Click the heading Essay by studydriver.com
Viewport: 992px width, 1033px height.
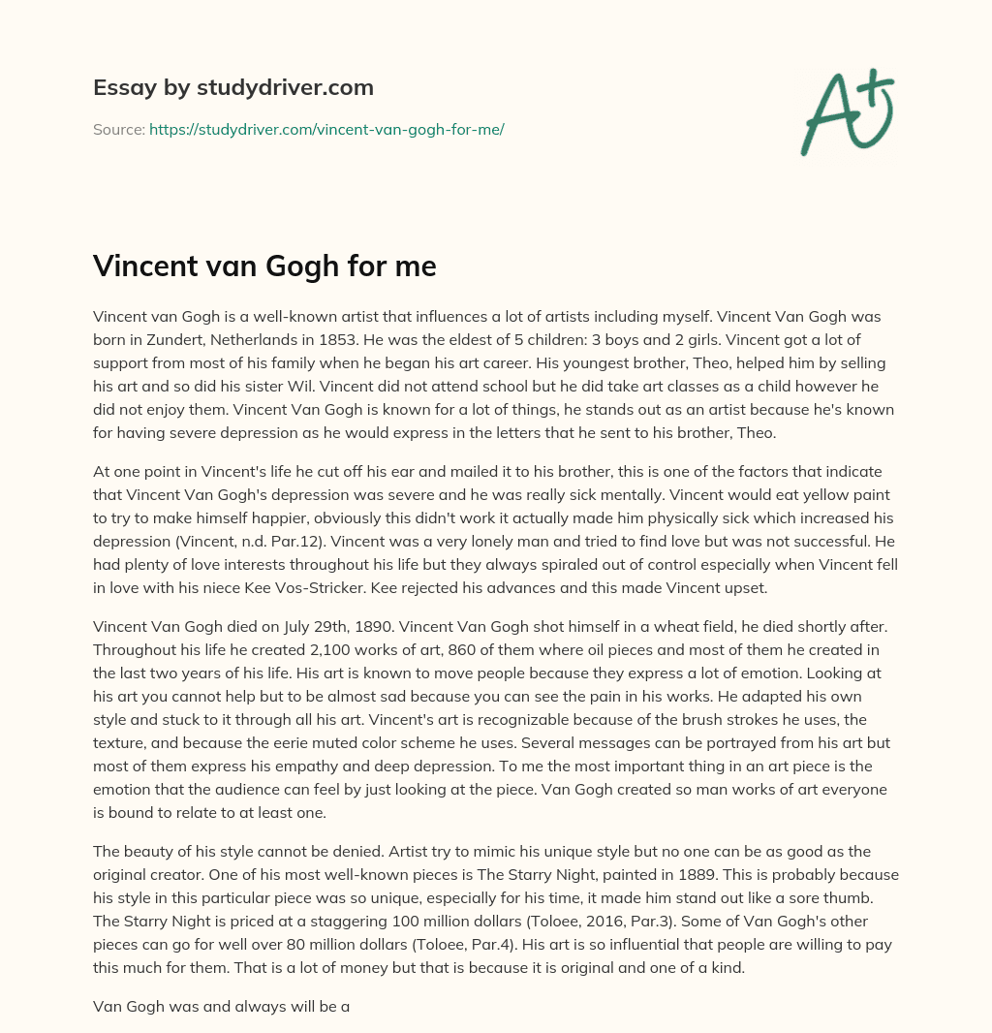(x=232, y=87)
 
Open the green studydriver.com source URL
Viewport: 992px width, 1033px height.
(x=326, y=129)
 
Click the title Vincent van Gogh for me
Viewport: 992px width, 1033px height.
(x=264, y=267)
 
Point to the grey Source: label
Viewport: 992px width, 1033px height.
(x=118, y=129)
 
